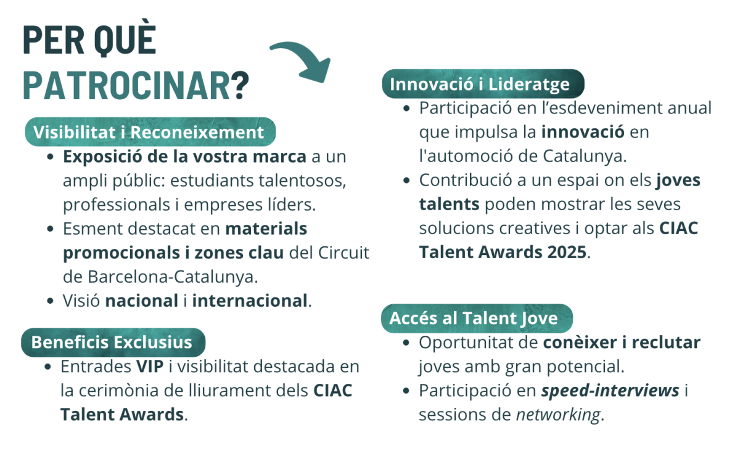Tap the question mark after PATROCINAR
[x=239, y=85]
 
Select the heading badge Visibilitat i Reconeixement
[x=150, y=132]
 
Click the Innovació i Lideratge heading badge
[x=483, y=84]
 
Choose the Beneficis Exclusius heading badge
[x=113, y=343]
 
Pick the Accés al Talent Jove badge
[x=477, y=319]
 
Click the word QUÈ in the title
[x=125, y=39]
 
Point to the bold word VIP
[x=150, y=367]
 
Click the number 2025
[x=567, y=252]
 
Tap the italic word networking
[x=558, y=415]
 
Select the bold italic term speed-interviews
[x=610, y=391]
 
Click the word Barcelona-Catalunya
[x=172, y=277]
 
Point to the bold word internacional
[x=250, y=301]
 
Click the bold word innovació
[x=583, y=132]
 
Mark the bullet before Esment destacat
[x=50, y=229]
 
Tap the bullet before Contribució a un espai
[x=406, y=181]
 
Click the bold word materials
[x=266, y=229]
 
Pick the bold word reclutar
[x=666, y=343]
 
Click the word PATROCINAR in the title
[x=126, y=85]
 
